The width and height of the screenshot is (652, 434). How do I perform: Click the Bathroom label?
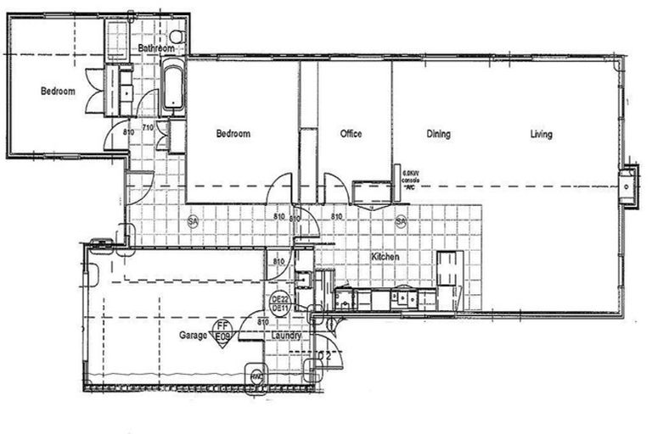point(156,48)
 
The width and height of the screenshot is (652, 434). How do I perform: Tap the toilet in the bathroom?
point(177,36)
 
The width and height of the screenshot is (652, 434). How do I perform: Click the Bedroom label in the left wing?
point(59,92)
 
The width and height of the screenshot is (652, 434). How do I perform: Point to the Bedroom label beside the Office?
point(232,134)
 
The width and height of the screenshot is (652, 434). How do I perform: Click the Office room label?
point(351,134)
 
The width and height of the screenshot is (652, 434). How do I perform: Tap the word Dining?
point(438,134)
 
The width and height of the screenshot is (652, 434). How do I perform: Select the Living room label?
point(541,134)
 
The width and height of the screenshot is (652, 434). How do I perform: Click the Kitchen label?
point(385,256)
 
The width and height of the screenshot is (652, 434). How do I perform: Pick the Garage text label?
point(192,336)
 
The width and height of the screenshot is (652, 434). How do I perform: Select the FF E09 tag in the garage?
point(222,331)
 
